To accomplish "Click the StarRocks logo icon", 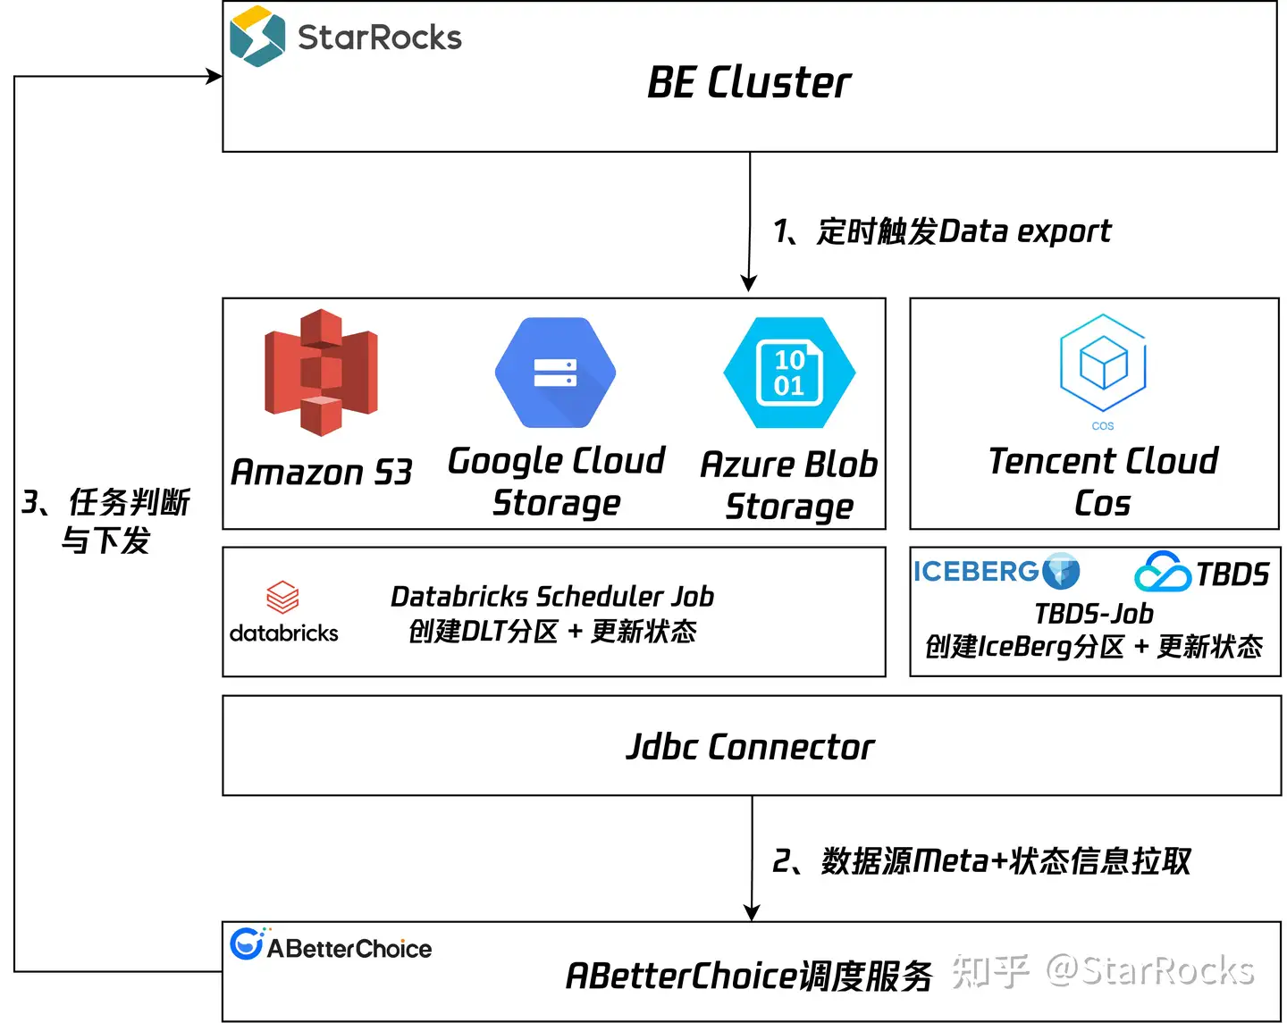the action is point(257,35).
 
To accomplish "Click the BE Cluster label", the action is point(749,82).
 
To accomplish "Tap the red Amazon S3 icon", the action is point(321,372).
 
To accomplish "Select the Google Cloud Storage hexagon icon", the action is point(555,372).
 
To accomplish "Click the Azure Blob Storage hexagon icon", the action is point(789,372).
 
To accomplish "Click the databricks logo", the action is point(283,611).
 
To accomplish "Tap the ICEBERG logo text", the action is point(976,571).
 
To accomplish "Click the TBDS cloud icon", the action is point(1162,571).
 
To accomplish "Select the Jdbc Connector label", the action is point(750,746).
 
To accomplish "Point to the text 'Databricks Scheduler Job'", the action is point(552,596).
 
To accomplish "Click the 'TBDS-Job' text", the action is point(1094,614).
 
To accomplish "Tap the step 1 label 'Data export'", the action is point(1024,232).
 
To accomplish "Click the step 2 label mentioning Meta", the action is point(980,861).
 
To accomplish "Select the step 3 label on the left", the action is point(105,520).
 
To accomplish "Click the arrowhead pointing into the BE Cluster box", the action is point(214,76).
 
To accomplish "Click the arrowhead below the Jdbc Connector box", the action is point(751,912).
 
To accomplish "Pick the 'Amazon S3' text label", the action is point(321,472).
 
